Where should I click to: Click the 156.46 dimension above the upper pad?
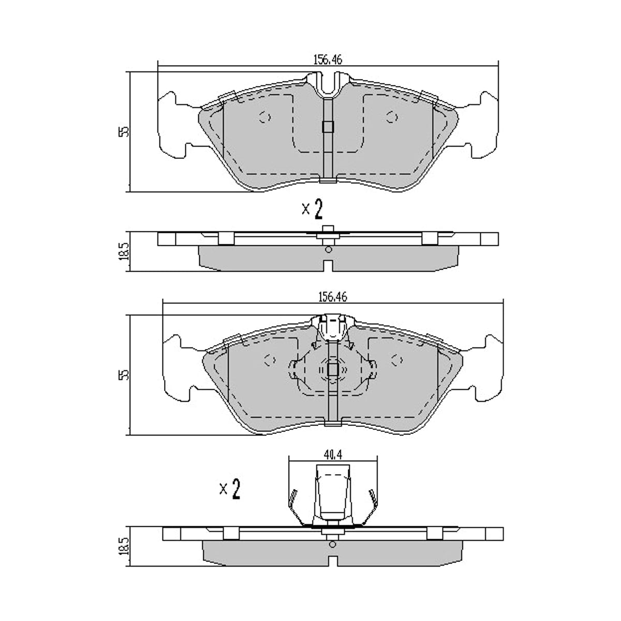tap(328, 60)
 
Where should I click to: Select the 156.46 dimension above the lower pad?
tap(333, 297)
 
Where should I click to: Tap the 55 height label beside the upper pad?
tap(124, 132)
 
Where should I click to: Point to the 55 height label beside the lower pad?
tap(124, 375)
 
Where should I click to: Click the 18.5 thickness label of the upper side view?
tap(124, 252)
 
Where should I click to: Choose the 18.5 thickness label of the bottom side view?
tap(124, 546)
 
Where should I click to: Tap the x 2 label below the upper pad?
tap(312, 209)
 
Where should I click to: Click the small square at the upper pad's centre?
tap(328, 127)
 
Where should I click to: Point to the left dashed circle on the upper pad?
tap(264, 117)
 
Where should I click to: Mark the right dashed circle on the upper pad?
tap(392, 117)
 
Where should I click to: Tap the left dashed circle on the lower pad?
tap(270, 360)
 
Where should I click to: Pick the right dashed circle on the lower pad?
tap(397, 360)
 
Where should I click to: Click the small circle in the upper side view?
tap(329, 249)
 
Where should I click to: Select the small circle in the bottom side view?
tap(333, 544)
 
